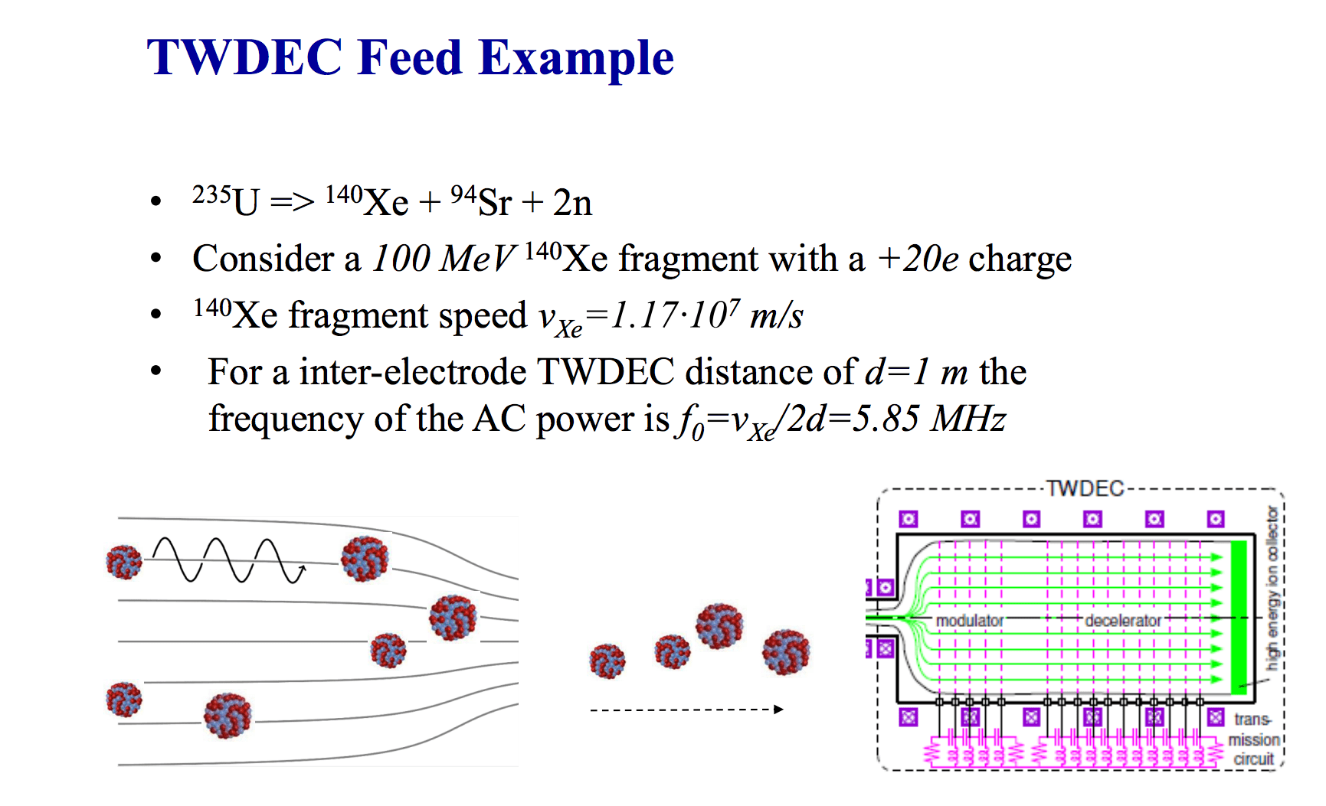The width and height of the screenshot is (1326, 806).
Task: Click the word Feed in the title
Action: (409, 57)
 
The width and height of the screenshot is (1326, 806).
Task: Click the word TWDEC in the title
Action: (244, 57)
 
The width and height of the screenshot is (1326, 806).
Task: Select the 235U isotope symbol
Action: (226, 201)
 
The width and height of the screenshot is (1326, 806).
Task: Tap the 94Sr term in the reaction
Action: (481, 201)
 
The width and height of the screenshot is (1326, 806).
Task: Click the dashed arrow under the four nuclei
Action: (686, 710)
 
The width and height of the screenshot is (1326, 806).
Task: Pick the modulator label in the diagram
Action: (969, 620)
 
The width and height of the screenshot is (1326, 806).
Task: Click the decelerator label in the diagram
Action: (1122, 620)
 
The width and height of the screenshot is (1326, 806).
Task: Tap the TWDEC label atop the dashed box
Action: (1085, 488)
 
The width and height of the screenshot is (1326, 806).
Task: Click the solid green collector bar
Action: (1238, 617)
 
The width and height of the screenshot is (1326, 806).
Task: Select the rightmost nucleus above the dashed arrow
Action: (785, 652)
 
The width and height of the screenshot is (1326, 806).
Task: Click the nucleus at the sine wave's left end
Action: (124, 562)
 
